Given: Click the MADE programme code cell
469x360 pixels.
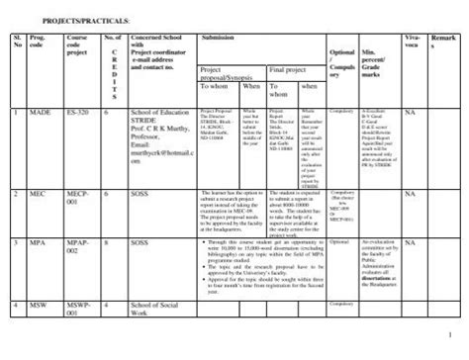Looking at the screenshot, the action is [x=41, y=113].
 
